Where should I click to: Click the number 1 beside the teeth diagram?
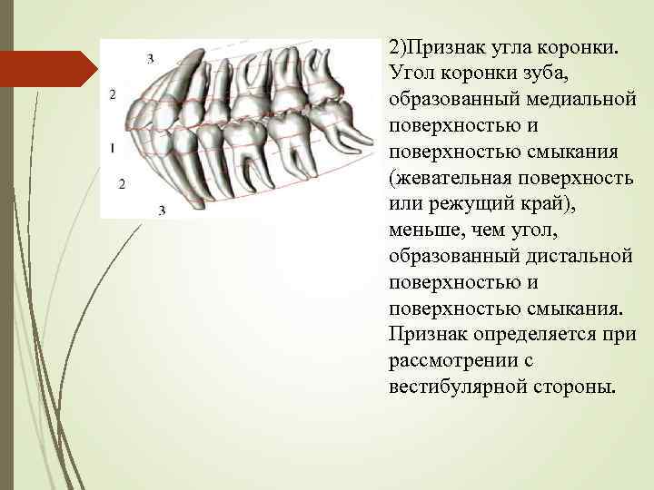tap(111, 146)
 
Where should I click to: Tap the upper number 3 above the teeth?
tap(150, 58)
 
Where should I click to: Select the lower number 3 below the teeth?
tap(162, 211)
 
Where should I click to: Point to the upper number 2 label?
tap(112, 94)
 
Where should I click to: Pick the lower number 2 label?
tap(122, 184)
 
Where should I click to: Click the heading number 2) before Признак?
tap(397, 44)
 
